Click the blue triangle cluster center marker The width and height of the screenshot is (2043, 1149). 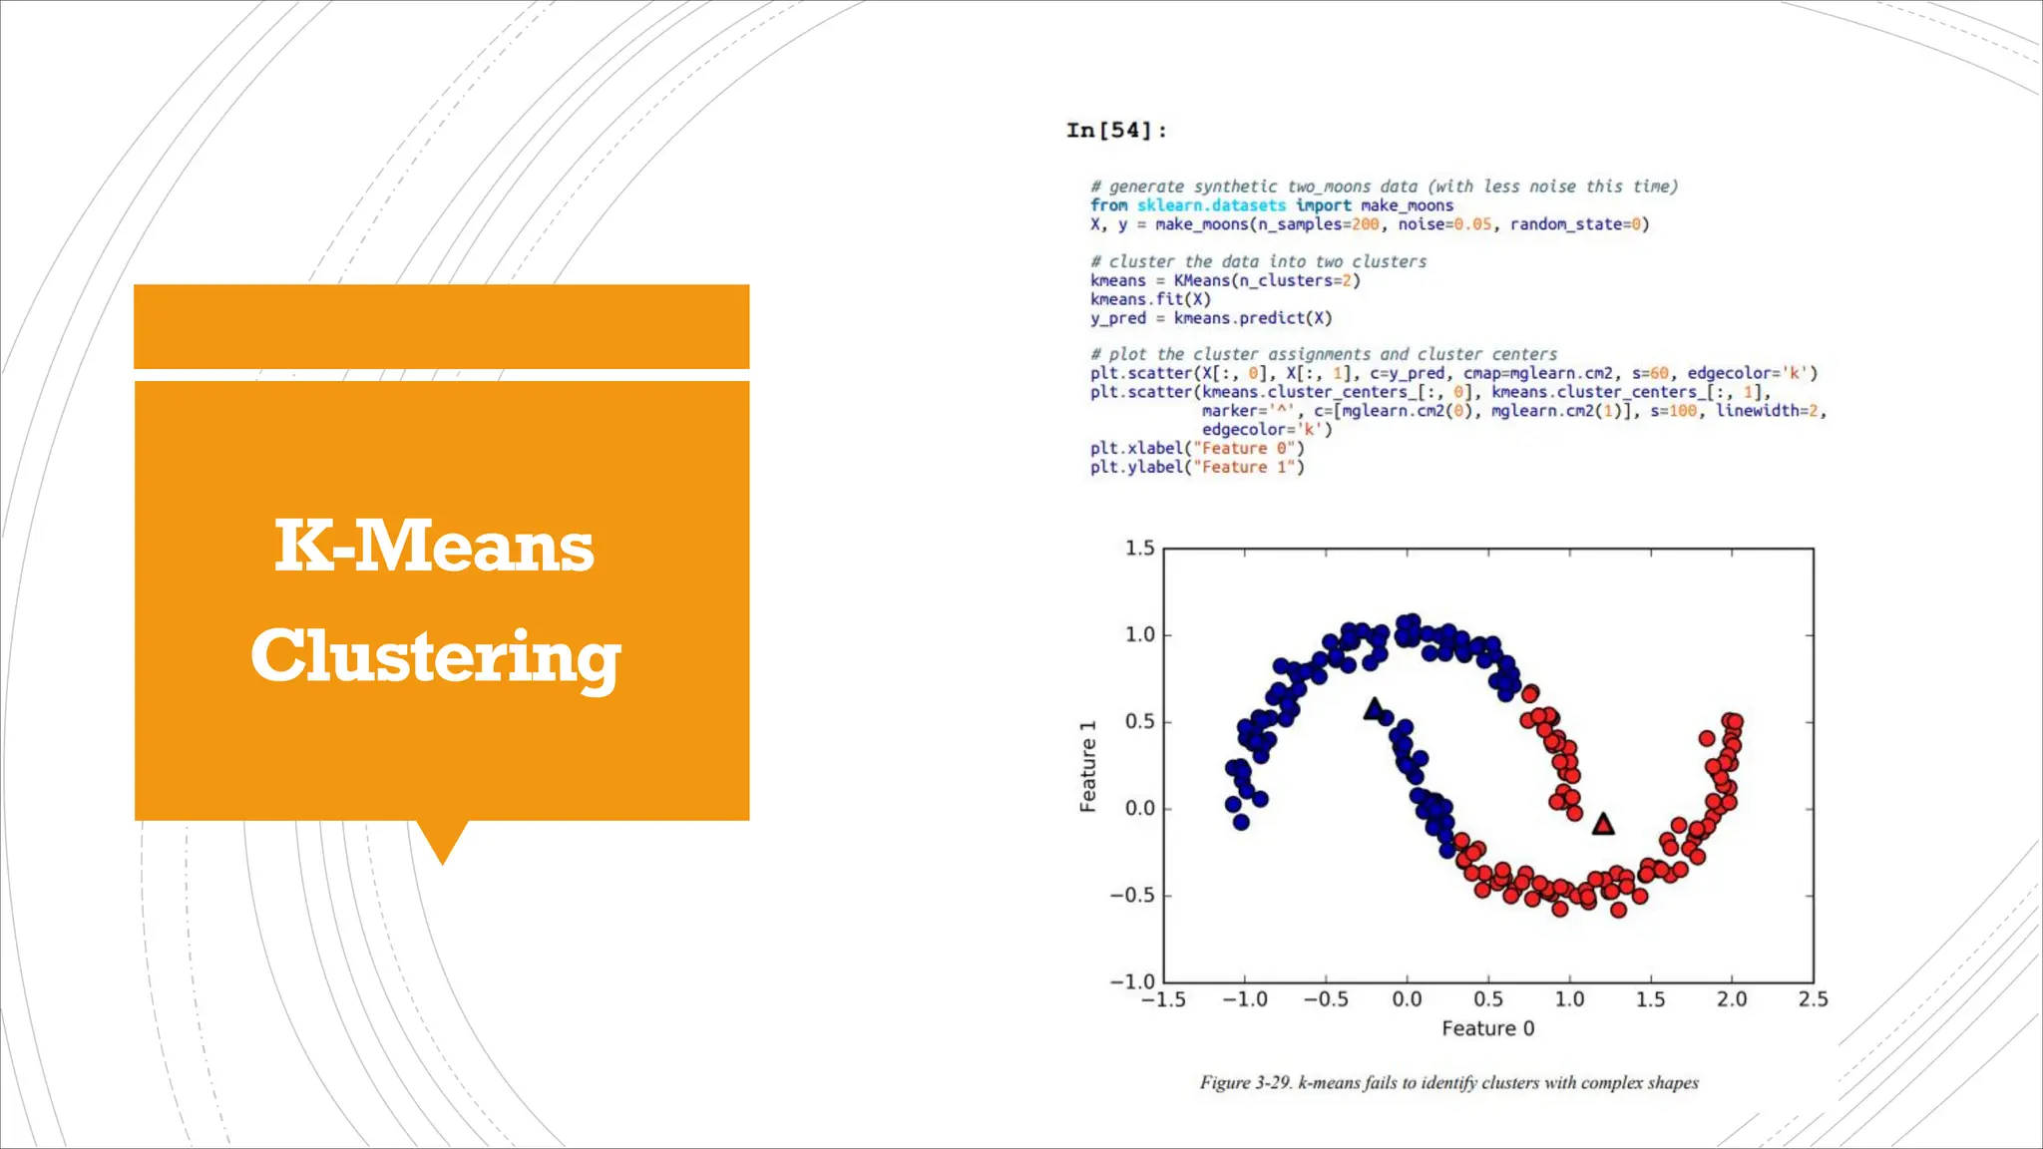[1374, 709]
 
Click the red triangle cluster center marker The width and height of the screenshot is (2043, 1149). [1603, 824]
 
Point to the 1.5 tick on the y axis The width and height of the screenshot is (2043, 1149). [1139, 549]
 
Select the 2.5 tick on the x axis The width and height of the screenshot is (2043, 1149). [1813, 999]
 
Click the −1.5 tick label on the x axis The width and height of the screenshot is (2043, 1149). [1163, 999]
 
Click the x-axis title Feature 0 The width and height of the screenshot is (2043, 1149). [1487, 1028]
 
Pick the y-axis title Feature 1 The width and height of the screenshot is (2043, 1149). [1088, 766]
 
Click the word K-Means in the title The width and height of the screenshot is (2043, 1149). [434, 547]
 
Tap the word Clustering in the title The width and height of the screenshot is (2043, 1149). [436, 656]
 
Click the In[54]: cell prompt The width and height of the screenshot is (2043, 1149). [1115, 131]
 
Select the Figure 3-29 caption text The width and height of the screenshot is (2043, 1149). [1448, 1083]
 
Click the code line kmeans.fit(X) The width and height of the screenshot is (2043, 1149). [1150, 299]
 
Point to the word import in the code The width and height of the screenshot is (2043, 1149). [1323, 205]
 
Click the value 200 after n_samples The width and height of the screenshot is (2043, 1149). [1365, 224]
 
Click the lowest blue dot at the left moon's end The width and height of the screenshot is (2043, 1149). [1241, 822]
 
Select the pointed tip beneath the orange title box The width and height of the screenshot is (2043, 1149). [442, 856]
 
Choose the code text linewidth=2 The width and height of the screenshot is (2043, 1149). [1768, 411]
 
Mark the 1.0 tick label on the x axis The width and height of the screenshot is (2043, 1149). [1569, 999]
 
